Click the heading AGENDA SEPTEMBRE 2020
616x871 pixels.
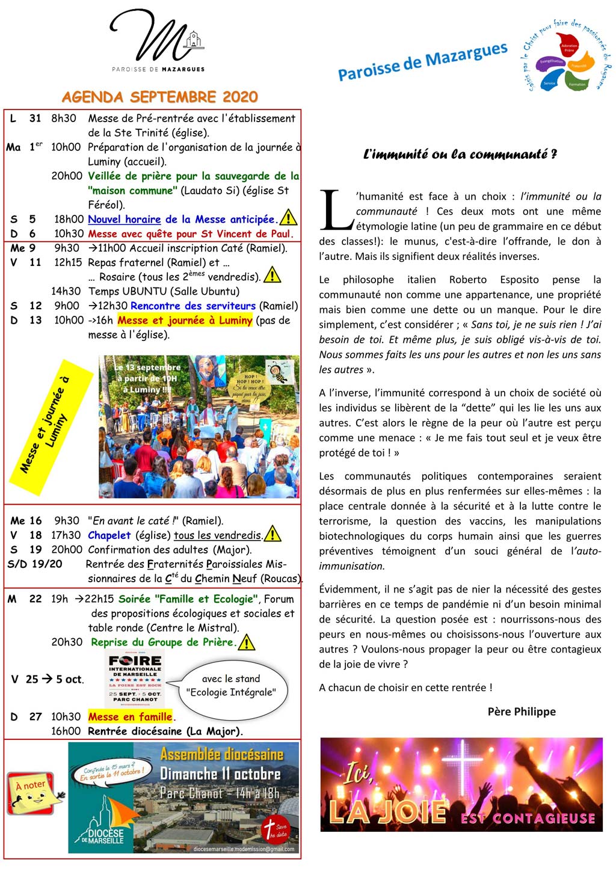tap(159, 97)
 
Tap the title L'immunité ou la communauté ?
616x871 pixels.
tap(460, 155)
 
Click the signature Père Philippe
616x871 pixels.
tap(522, 712)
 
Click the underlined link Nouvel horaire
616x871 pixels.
tap(124, 220)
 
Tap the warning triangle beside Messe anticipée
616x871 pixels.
tap(289, 217)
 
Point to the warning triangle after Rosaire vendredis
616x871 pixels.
tap(273, 275)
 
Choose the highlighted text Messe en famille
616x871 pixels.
tap(131, 716)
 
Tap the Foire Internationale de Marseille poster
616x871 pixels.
tap(135, 677)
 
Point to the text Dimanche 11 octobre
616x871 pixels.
tap(220, 774)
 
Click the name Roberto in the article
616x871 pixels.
tap(468, 280)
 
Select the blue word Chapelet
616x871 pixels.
tap(109, 535)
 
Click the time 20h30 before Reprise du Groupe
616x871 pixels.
tap(66, 642)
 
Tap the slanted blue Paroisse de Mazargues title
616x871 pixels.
tap(422, 61)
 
